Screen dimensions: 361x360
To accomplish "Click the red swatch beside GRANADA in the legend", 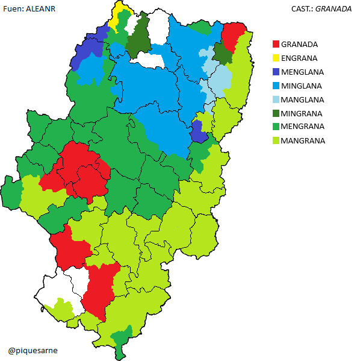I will tap(276, 45).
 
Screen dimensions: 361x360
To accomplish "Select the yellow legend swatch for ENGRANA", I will tap(276, 58).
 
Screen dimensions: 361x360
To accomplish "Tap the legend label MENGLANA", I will tap(303, 72).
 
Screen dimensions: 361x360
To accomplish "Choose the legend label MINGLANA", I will tap(302, 86).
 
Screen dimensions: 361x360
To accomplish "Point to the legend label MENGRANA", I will tap(303, 127).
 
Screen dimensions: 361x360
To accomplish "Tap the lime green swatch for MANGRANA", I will tap(276, 141).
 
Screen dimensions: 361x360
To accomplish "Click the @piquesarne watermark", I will tap(33, 350).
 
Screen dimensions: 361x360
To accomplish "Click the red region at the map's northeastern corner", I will tap(233, 34).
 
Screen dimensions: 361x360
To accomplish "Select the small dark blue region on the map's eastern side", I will tap(197, 131).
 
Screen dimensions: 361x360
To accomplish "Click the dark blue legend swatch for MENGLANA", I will tap(276, 72).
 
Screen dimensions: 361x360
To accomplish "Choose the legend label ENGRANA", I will tap(300, 58).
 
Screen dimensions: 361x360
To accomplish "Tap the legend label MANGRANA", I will tap(303, 141).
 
